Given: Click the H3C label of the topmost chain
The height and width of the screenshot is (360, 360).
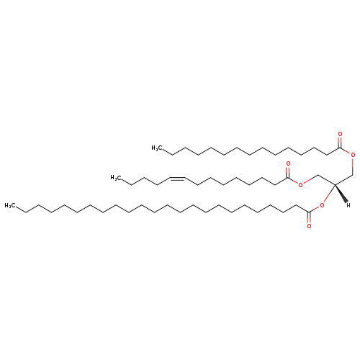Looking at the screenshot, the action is (x=156, y=148).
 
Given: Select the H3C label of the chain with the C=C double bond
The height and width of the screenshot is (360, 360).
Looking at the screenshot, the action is (x=115, y=178).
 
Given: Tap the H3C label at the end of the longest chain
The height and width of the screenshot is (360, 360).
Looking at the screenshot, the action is (x=9, y=206).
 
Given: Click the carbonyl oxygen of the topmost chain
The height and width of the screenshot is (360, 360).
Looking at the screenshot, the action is (x=340, y=134).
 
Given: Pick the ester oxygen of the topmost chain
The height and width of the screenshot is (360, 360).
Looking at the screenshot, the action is (x=353, y=156).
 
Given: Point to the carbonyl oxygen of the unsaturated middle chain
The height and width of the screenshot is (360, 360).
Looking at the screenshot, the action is (x=288, y=163).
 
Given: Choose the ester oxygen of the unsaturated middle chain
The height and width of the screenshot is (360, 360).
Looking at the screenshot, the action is (x=300, y=185).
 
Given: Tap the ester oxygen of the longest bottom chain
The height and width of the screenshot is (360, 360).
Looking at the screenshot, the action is (x=322, y=205).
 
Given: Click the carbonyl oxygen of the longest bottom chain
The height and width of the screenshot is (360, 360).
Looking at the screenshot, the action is (x=309, y=226).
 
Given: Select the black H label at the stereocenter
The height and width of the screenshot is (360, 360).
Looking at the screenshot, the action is (x=348, y=205).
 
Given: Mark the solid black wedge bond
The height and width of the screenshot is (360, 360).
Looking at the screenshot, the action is (x=341, y=194).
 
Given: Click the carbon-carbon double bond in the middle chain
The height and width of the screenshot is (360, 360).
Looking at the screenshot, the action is (x=177, y=178).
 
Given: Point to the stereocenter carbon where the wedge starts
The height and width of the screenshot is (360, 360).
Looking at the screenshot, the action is (x=335, y=184).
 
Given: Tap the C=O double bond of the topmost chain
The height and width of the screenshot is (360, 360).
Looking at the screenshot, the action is (x=340, y=142).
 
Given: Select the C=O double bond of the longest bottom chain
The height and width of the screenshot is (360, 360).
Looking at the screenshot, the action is (x=309, y=218).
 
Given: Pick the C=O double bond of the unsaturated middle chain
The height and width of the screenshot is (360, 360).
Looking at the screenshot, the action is (x=288, y=172).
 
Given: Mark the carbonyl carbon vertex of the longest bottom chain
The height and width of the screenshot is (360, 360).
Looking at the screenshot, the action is (x=309, y=212).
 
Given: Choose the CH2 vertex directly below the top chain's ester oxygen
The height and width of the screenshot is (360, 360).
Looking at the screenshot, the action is (x=353, y=174).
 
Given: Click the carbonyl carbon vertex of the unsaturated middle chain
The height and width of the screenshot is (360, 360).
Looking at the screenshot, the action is (x=288, y=178).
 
